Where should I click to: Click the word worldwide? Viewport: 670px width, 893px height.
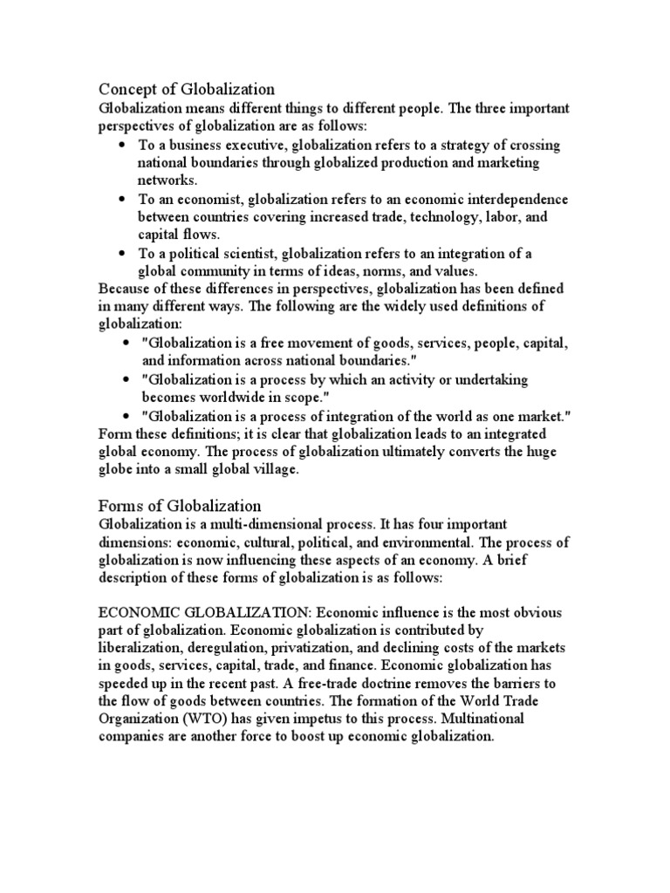pos(239,398)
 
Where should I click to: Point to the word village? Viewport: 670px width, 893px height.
pos(268,469)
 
